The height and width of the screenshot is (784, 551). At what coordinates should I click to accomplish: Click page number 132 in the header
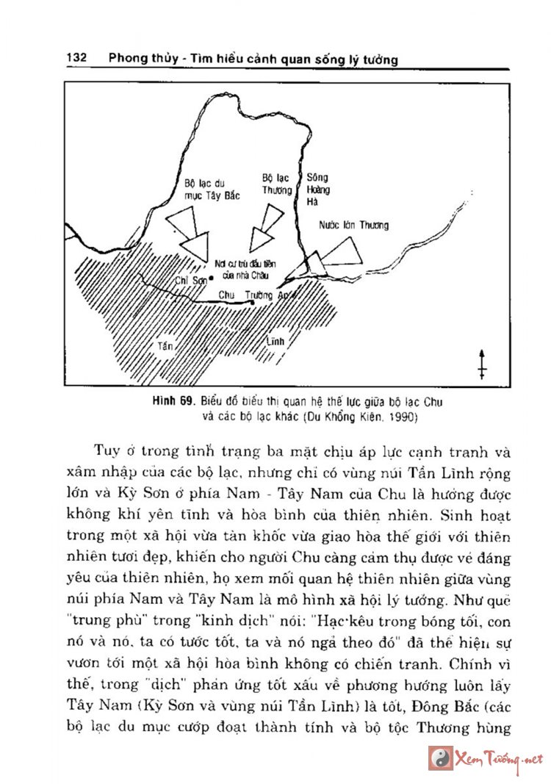(x=77, y=58)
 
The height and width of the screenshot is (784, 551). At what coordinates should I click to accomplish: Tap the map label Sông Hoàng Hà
(x=318, y=190)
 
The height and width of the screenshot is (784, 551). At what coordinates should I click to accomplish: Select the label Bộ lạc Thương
(x=276, y=184)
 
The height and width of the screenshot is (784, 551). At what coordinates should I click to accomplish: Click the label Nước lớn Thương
(x=354, y=226)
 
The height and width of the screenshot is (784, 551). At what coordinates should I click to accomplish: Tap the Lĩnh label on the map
(x=275, y=342)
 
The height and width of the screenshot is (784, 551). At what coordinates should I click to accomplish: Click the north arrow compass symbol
(x=482, y=364)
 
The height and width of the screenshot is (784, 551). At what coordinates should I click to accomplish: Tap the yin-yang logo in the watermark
(x=439, y=758)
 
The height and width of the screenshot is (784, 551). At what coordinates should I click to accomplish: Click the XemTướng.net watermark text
(x=499, y=758)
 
